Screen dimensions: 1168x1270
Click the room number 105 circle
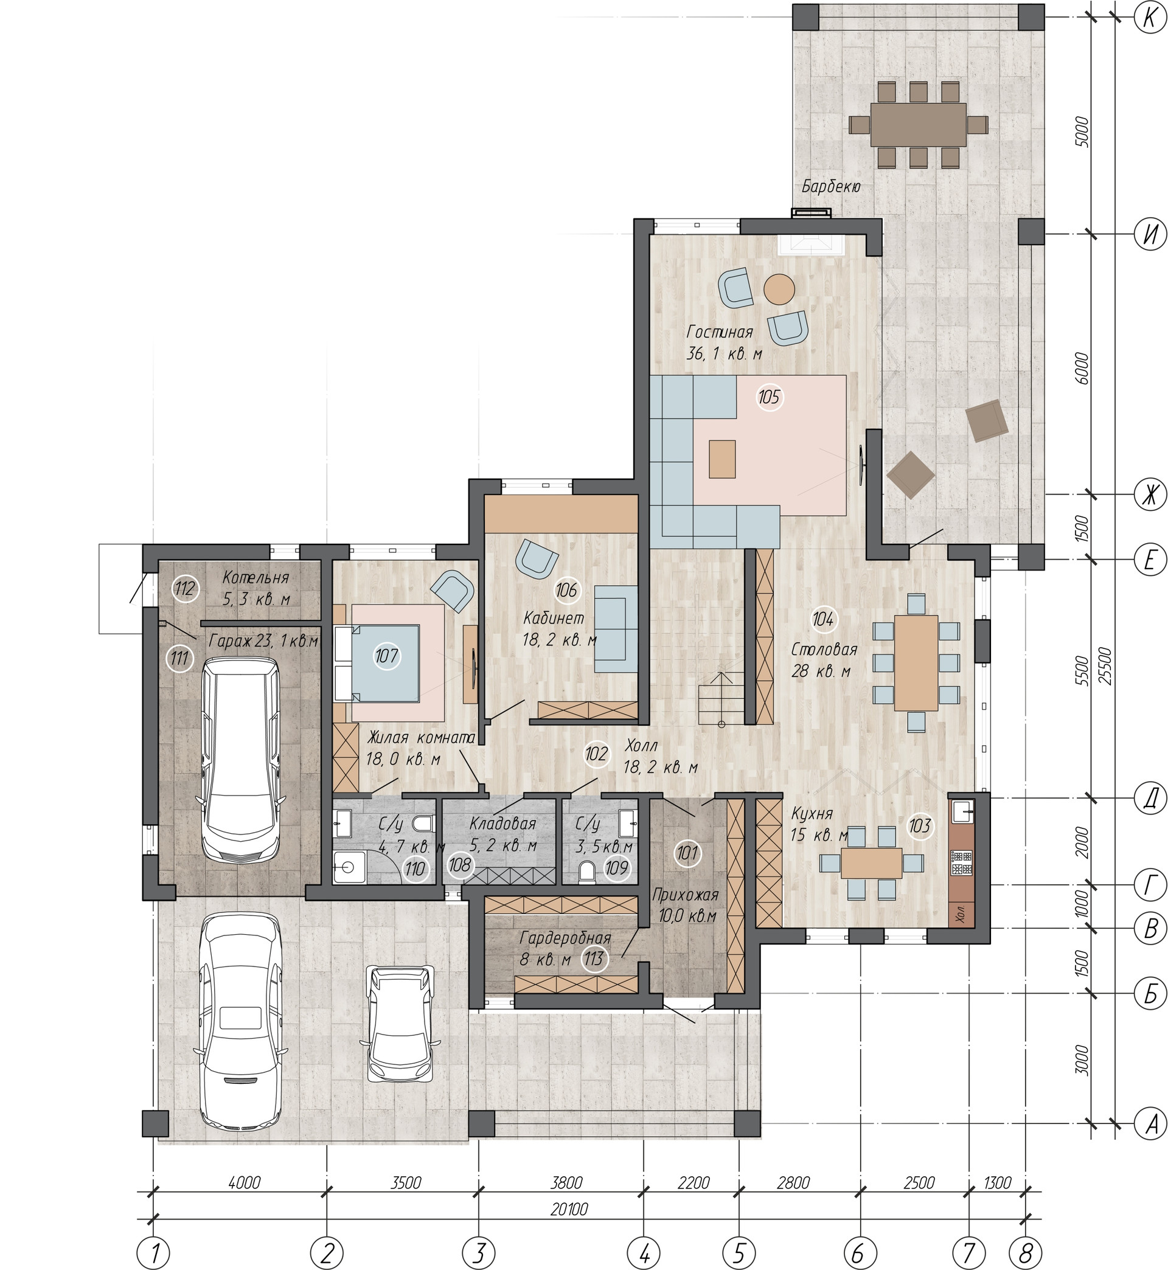[769, 397]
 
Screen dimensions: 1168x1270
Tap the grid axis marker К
[1149, 17]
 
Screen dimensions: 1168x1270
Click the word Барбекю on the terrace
[831, 186]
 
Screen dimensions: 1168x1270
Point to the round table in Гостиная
[779, 290]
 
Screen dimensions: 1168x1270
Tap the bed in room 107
[377, 664]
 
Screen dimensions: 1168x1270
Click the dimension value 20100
[569, 1209]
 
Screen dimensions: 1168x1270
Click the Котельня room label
[255, 577]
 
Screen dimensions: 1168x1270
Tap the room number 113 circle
[594, 959]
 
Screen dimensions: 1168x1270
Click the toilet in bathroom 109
[586, 872]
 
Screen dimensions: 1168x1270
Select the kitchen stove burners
[961, 863]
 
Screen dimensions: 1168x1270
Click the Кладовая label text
[502, 824]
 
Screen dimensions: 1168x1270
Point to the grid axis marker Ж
[1149, 494]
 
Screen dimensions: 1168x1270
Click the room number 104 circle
[822, 619]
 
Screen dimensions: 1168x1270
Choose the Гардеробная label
[565, 938]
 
